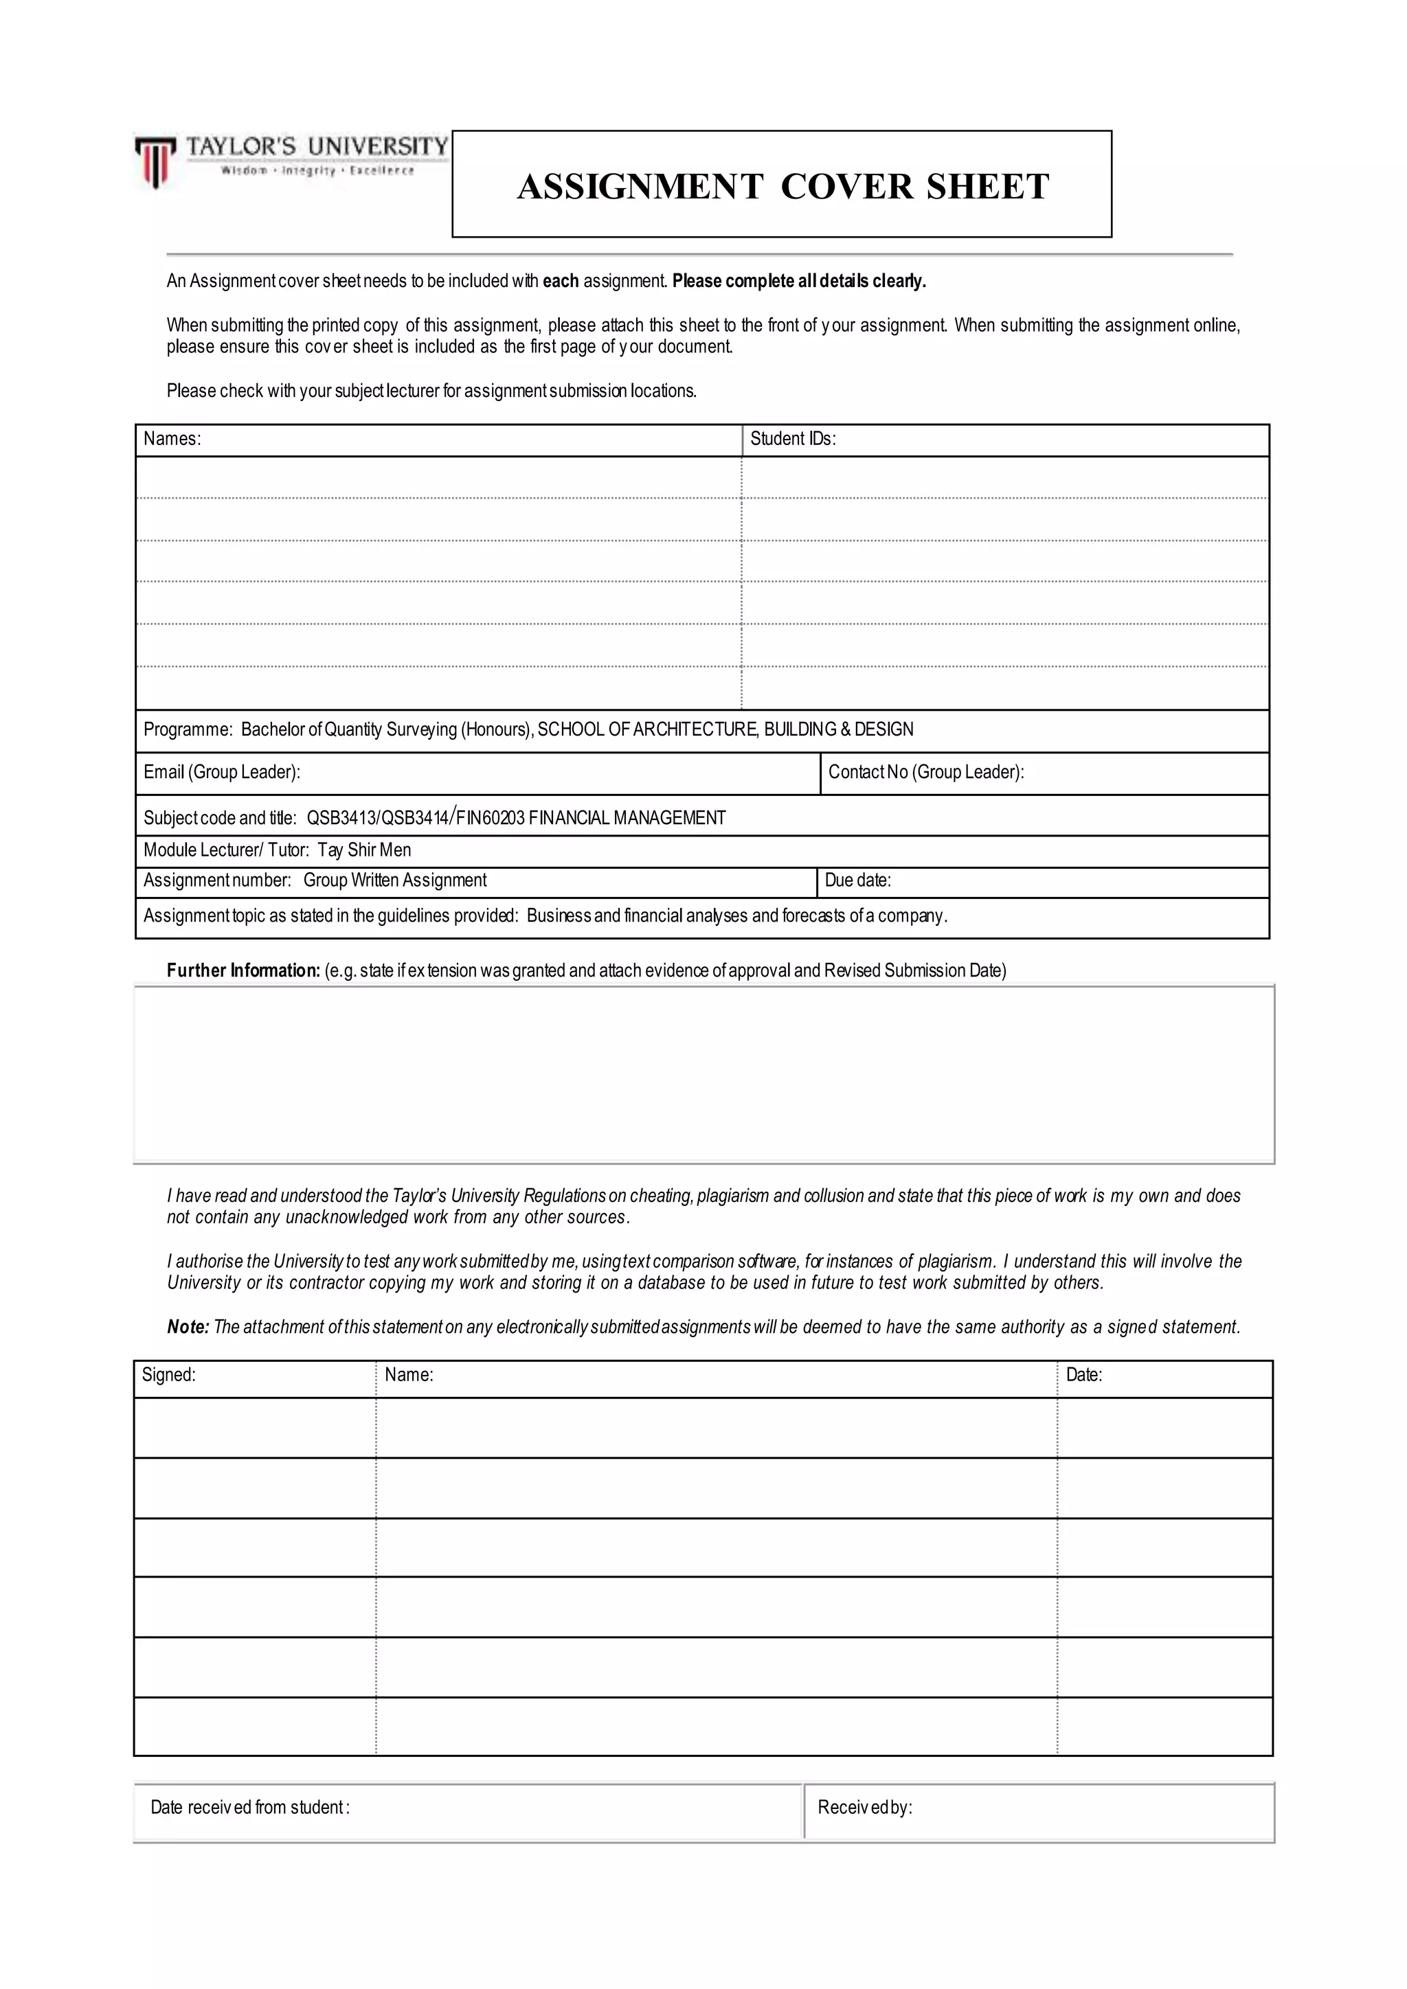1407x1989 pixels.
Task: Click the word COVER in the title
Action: pyautogui.click(x=846, y=187)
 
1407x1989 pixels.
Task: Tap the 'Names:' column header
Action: pyautogui.click(x=172, y=438)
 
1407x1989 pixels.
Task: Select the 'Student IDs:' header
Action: pyautogui.click(x=792, y=438)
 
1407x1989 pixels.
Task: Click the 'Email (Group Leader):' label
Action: pyautogui.click(x=222, y=772)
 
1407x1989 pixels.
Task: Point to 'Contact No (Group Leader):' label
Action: pyautogui.click(x=925, y=772)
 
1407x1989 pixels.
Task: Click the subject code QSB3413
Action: pyautogui.click(x=341, y=818)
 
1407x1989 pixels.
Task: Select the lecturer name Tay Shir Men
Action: pyautogui.click(x=364, y=850)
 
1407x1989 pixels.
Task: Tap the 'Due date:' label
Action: pyautogui.click(x=857, y=880)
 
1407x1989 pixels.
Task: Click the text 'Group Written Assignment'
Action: pyautogui.click(x=394, y=880)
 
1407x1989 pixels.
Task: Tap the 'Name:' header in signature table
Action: pyautogui.click(x=408, y=1375)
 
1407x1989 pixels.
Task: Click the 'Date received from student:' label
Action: pyautogui.click(x=249, y=1807)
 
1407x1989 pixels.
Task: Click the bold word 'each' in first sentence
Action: pyautogui.click(x=560, y=281)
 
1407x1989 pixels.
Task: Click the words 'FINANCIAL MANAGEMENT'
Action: pyautogui.click(x=627, y=818)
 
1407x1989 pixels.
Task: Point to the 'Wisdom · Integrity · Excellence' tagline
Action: pyautogui.click(x=317, y=170)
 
